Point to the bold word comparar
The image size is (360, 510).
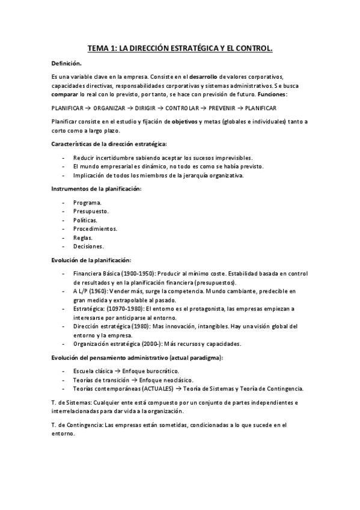[x=64, y=95]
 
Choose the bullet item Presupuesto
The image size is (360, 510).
[x=91, y=212]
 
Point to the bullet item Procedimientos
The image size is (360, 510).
[x=95, y=229]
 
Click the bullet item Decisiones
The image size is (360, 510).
[x=88, y=246]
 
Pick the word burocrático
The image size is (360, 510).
[x=164, y=371]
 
